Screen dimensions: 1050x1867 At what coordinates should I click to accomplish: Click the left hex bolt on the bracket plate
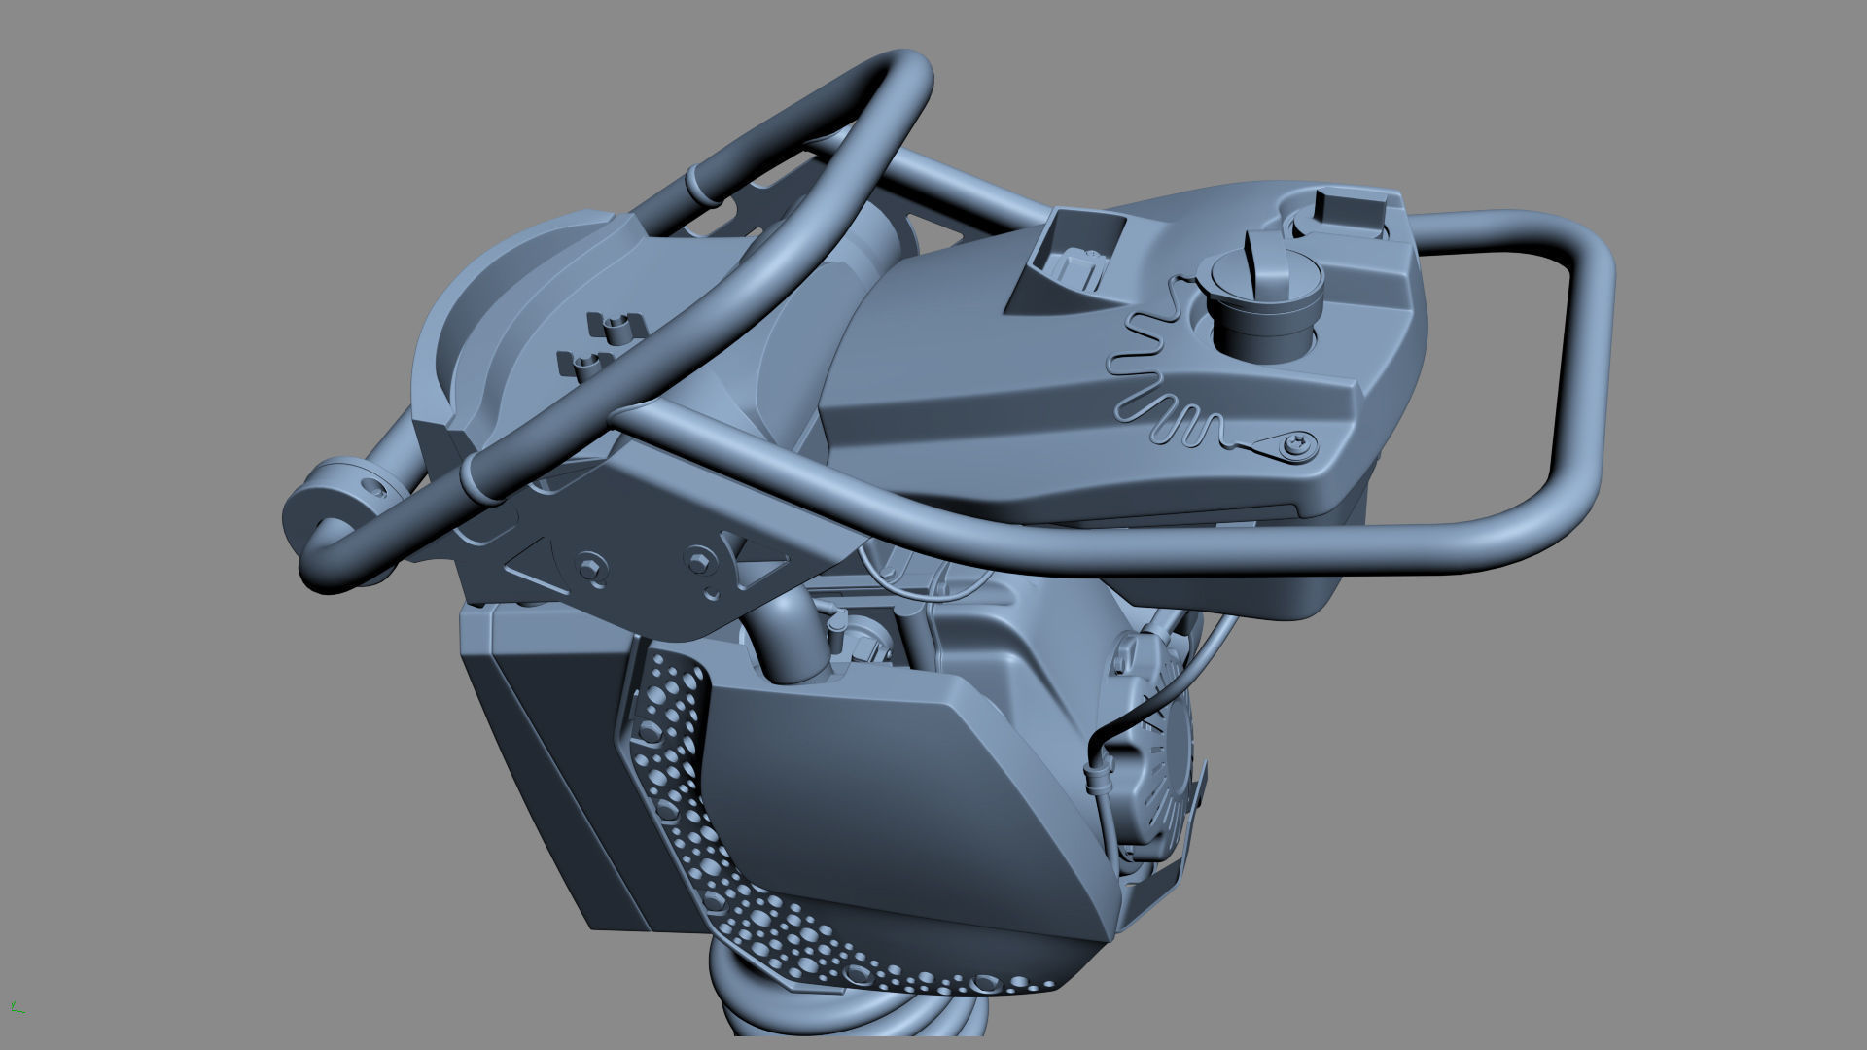[588, 566]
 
